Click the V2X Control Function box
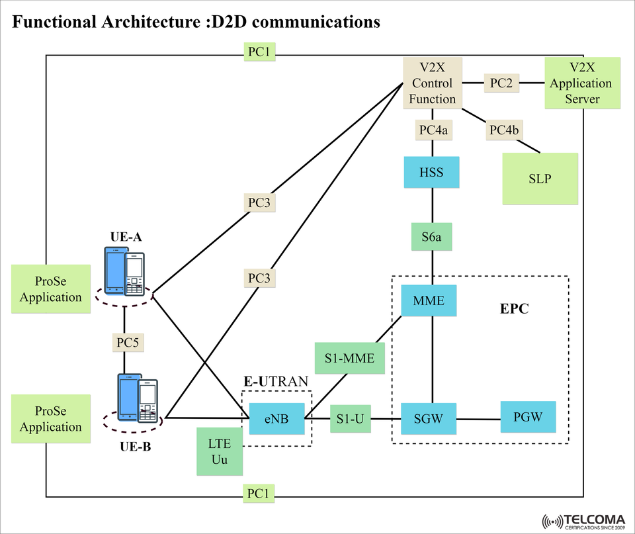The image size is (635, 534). pyautogui.click(x=433, y=83)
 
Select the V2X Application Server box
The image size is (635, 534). pyautogui.click(x=582, y=83)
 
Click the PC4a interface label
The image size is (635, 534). pyautogui.click(x=433, y=130)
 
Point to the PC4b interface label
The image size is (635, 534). pyautogui.click(x=503, y=130)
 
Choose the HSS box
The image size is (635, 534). pyautogui.click(x=431, y=173)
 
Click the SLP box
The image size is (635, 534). pyautogui.click(x=540, y=179)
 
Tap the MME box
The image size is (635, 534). pyautogui.click(x=429, y=301)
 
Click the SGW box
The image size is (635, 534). pyautogui.click(x=428, y=418)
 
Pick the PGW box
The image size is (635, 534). pyautogui.click(x=528, y=417)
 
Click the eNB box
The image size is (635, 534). pyautogui.click(x=276, y=418)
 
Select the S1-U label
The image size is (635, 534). pyautogui.click(x=350, y=418)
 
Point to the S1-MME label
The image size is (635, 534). pyautogui.click(x=349, y=359)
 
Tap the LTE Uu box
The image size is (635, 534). pyautogui.click(x=220, y=451)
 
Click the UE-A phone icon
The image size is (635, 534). pyautogui.click(x=124, y=271)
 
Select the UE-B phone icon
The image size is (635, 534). pyautogui.click(x=138, y=398)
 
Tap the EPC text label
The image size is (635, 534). pyautogui.click(x=514, y=309)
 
